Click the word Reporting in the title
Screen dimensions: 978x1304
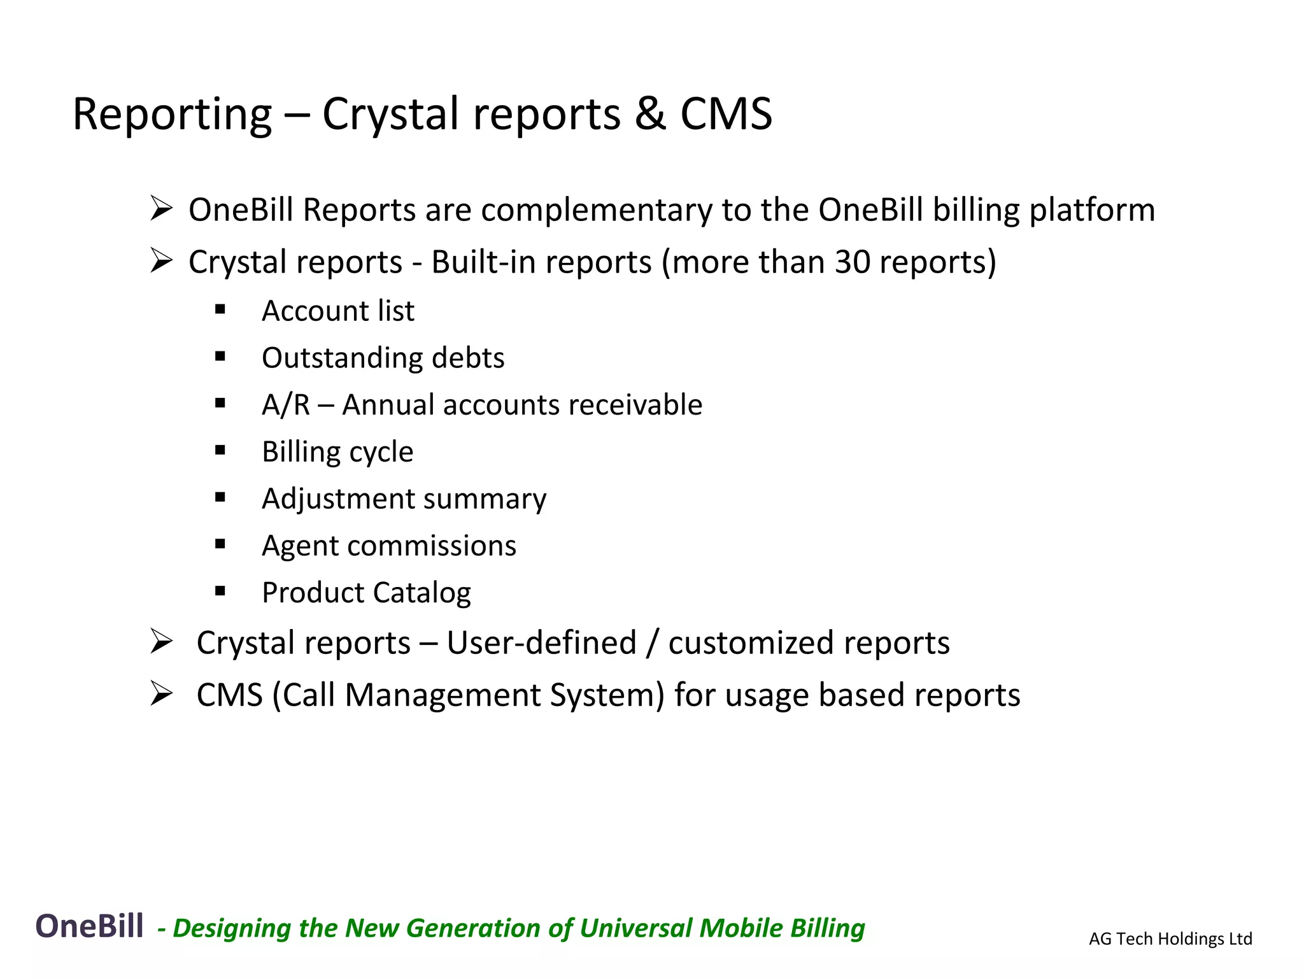click(172, 115)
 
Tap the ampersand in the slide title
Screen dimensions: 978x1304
click(649, 114)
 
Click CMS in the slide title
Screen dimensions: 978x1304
click(726, 114)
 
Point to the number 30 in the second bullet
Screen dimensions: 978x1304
click(852, 262)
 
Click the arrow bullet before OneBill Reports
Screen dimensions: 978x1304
click(161, 209)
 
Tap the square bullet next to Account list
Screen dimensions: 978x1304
click(220, 310)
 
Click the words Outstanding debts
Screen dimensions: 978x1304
click(383, 358)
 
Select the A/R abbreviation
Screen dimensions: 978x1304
click(285, 405)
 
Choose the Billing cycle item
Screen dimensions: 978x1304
click(337, 452)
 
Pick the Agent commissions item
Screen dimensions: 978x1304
click(388, 546)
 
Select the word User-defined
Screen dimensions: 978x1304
click(541, 643)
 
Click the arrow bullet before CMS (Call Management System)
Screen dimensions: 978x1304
click(161, 693)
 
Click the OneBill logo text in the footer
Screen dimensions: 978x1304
click(89, 926)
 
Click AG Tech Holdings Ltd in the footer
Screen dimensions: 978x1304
click(1170, 939)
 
